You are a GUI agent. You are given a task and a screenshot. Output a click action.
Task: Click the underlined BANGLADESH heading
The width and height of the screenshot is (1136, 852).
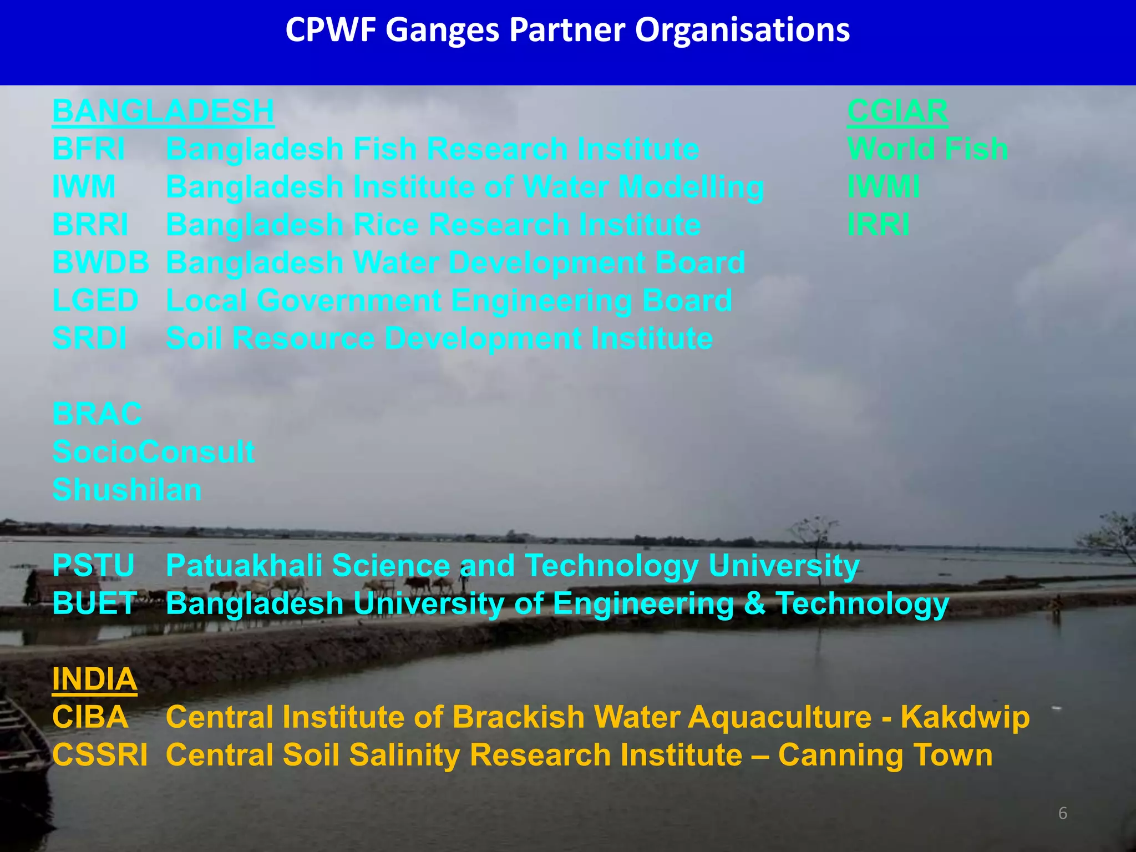click(x=163, y=111)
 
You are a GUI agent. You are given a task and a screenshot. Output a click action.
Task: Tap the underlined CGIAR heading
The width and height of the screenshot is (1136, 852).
click(x=897, y=111)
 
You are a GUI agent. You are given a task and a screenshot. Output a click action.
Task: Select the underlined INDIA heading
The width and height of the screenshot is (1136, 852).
click(x=94, y=679)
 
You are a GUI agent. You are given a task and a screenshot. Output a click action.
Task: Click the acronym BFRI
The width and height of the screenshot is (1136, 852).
click(x=89, y=149)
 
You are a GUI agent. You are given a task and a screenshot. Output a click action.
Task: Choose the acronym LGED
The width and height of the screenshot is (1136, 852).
click(x=95, y=300)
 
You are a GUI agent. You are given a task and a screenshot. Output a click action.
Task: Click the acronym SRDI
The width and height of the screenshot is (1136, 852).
click(x=89, y=338)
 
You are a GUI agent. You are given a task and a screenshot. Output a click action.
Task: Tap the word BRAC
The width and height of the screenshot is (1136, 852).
click(x=97, y=414)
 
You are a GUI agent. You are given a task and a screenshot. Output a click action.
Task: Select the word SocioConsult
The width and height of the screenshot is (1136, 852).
click(x=153, y=452)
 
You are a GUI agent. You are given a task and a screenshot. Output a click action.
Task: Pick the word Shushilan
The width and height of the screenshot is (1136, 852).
click(x=127, y=490)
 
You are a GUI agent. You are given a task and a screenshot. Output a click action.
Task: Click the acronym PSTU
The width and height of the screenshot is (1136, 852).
click(x=93, y=565)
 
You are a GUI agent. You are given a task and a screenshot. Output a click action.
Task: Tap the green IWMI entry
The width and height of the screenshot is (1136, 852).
click(x=883, y=186)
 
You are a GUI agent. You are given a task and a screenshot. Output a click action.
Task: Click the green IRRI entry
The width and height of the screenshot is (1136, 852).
click(x=878, y=225)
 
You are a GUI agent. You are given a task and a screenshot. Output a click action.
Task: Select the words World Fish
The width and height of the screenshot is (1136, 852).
click(x=927, y=149)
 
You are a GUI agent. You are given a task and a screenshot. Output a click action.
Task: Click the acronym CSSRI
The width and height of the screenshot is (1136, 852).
click(x=100, y=755)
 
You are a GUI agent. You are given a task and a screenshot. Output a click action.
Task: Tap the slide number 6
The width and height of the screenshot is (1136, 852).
click(x=1062, y=813)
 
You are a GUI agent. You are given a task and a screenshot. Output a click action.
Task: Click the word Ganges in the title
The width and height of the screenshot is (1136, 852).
click(x=442, y=30)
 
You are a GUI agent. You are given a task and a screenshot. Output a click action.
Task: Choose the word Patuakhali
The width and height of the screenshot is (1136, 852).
click(x=244, y=565)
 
